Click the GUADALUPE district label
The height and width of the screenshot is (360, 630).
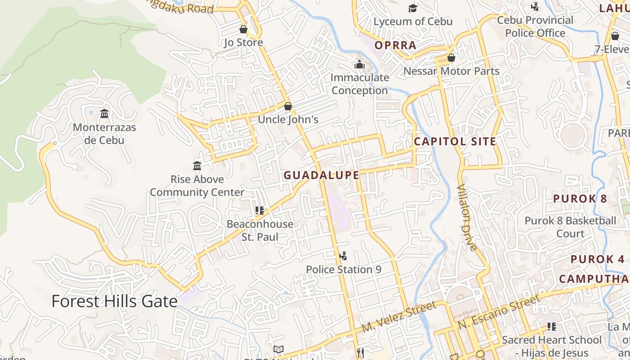[321, 175]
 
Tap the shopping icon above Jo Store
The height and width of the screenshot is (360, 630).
[243, 30]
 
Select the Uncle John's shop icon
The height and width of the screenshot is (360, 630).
[288, 107]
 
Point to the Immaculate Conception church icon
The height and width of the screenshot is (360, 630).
[359, 65]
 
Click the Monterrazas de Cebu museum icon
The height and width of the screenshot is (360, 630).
[104, 113]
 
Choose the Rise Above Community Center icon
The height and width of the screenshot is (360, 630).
[197, 166]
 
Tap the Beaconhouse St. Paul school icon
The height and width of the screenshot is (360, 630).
[259, 210]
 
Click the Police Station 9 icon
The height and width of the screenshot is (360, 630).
[343, 256]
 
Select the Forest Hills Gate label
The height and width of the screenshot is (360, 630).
[114, 301]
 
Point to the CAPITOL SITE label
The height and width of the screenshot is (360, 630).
[455, 142]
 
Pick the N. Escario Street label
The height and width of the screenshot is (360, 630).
[499, 312]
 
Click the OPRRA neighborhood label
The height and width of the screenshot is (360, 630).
[396, 45]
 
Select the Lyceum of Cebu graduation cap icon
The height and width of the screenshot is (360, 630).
[413, 8]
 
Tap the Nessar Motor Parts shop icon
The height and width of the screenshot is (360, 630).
[451, 58]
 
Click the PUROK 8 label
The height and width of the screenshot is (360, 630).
[580, 198]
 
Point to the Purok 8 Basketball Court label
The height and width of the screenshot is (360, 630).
[570, 227]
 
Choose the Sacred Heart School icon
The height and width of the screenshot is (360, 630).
[552, 327]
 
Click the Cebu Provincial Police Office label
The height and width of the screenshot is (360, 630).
[535, 27]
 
